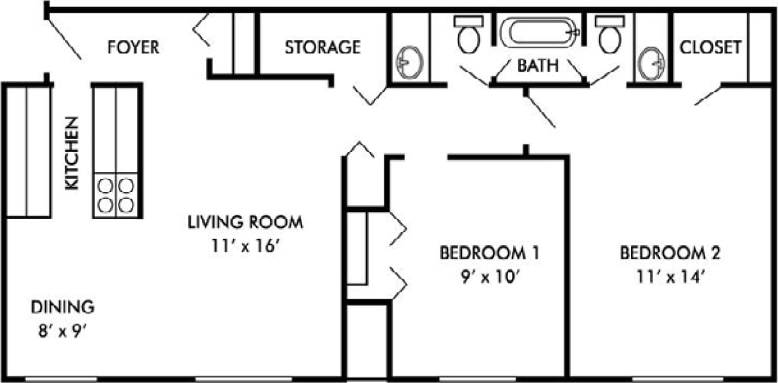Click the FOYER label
click(x=133, y=47)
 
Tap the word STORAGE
click(x=322, y=47)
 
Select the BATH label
click(x=538, y=65)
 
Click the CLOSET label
click(x=710, y=47)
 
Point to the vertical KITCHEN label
click(x=72, y=153)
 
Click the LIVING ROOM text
click(x=245, y=223)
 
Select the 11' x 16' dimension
click(x=245, y=247)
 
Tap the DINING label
click(x=63, y=308)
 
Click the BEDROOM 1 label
click(x=489, y=254)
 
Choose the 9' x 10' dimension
click(x=489, y=277)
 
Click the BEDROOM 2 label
click(x=670, y=254)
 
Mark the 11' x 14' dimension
click(x=670, y=277)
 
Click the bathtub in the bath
click(x=539, y=32)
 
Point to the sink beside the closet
click(x=652, y=63)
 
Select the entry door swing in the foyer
click(x=64, y=38)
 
